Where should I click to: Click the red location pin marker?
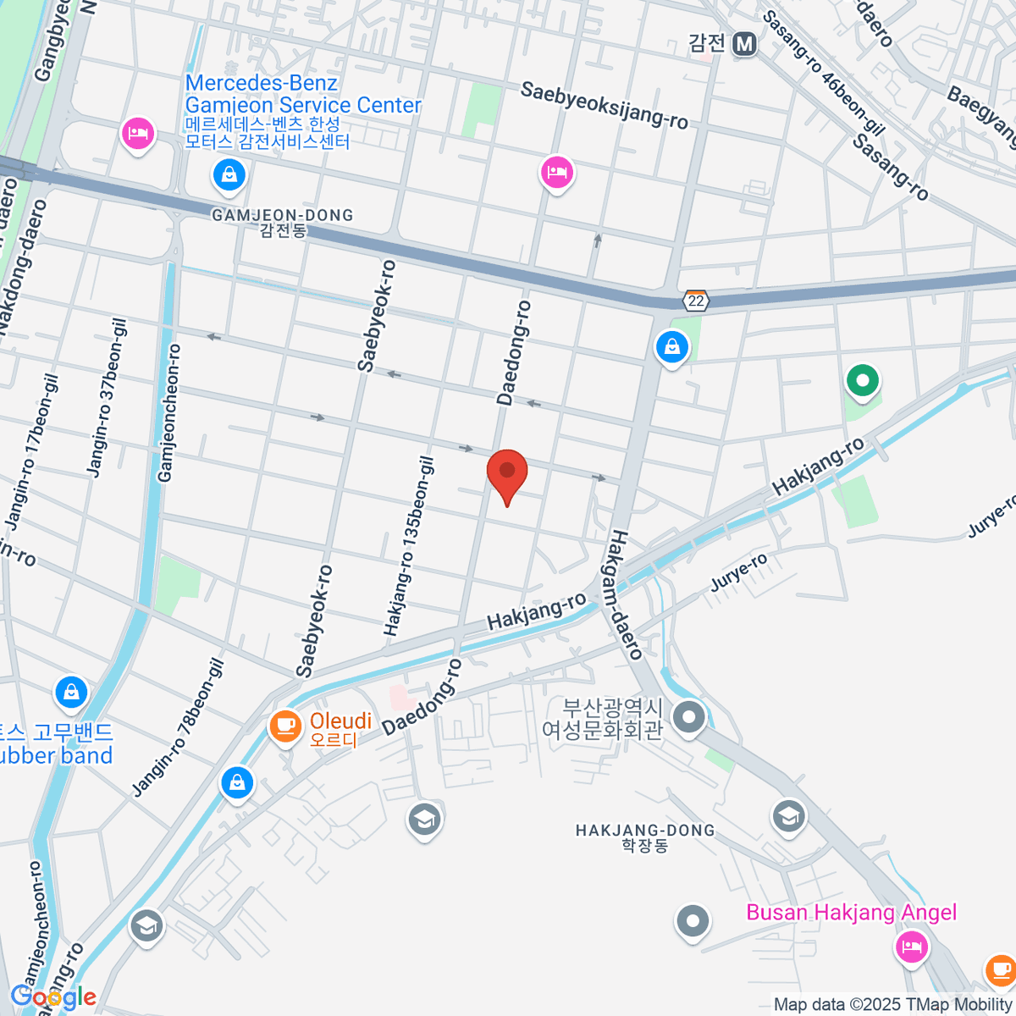coord(507,472)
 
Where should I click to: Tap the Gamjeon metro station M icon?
coord(744,43)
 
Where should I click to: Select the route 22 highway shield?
coord(696,301)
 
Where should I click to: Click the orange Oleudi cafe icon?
coord(285,726)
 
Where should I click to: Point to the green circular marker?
coord(862,381)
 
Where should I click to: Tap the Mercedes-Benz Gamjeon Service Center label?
coord(302,94)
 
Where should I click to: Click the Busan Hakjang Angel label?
coord(851,913)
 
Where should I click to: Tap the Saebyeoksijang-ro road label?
coord(604,105)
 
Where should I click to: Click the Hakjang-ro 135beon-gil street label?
coord(409,547)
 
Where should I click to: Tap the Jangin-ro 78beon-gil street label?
coord(179,728)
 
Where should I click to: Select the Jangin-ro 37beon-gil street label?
coord(107,398)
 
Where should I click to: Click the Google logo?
coord(52,997)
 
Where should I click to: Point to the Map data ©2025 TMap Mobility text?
coord(893,1005)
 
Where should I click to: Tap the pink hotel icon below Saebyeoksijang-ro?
coord(557,174)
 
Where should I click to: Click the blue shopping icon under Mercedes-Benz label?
coord(229,176)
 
